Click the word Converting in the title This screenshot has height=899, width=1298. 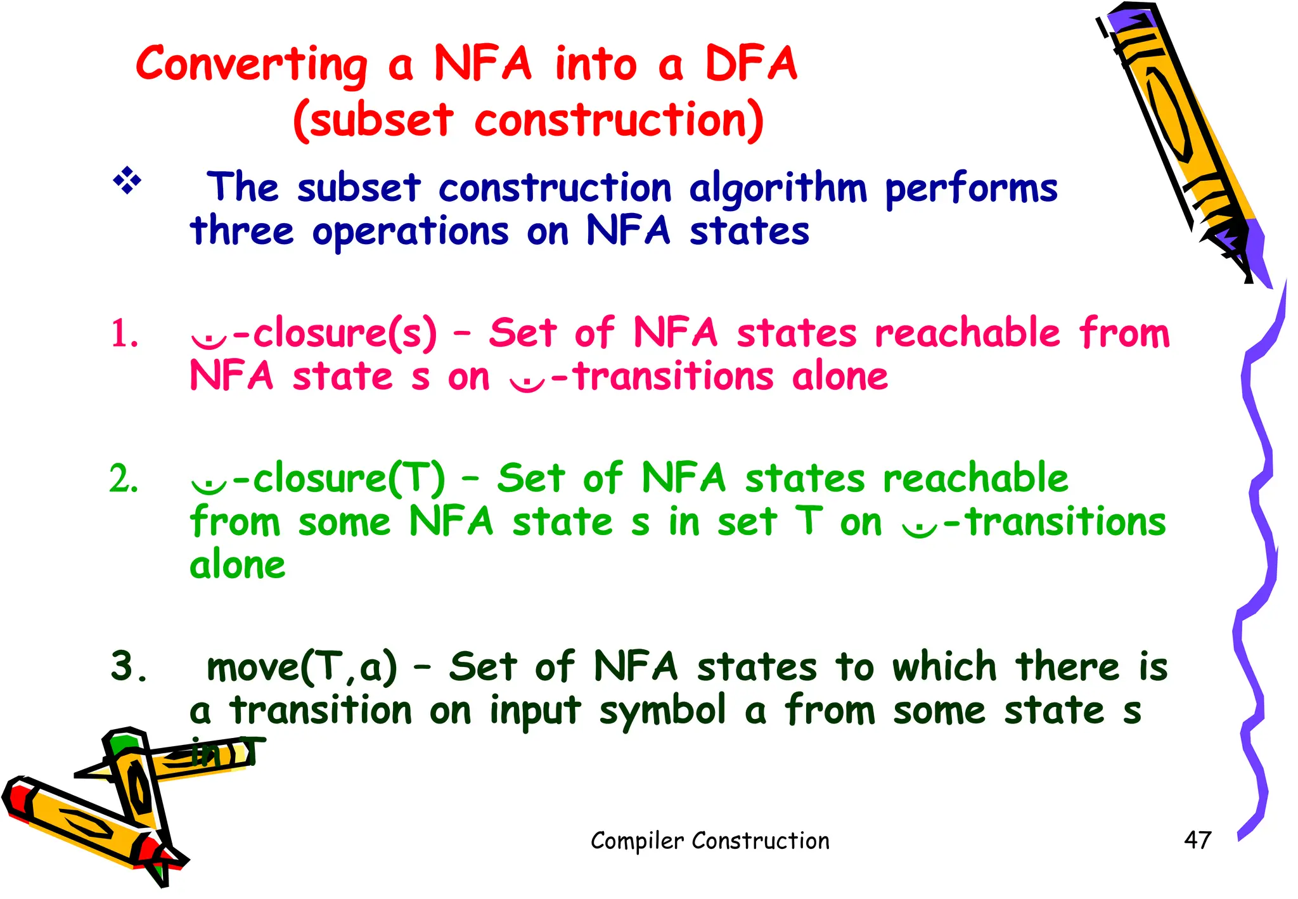(252, 66)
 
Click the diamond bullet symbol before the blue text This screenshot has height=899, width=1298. (127, 181)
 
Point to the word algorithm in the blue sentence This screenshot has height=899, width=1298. (778, 190)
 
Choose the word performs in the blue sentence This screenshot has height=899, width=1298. (971, 190)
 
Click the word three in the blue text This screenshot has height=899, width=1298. (242, 231)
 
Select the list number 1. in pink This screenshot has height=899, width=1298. (124, 334)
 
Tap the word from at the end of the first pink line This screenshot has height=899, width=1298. (1124, 332)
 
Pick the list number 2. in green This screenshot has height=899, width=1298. (124, 479)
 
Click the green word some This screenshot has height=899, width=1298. (344, 522)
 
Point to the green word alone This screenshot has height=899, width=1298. (238, 566)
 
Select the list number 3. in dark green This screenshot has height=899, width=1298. (129, 667)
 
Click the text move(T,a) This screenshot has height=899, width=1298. (302, 668)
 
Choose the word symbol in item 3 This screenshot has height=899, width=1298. (662, 711)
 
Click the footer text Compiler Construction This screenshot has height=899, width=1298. (710, 841)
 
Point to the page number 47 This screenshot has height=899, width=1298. (1197, 840)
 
